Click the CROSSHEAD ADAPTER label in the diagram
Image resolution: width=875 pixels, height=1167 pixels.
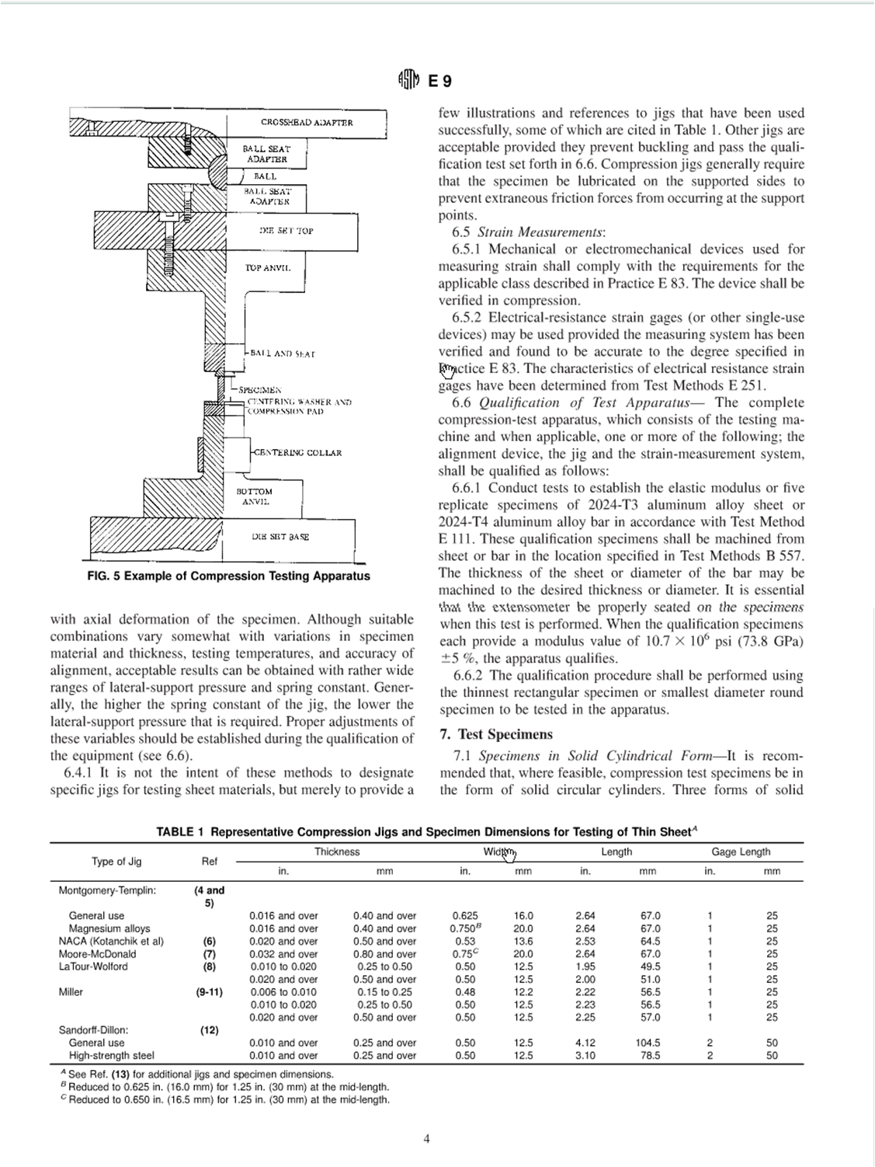coord(307,123)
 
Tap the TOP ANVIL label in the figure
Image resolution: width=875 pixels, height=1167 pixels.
coord(268,267)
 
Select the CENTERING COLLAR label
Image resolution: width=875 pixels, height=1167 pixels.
coord(297,453)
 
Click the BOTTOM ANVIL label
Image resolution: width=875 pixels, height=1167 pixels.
coord(255,496)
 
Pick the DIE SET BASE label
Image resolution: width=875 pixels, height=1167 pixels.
coord(280,537)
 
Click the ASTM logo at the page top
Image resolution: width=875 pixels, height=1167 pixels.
coord(408,80)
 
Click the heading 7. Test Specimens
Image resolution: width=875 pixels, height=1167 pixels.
coord(496,734)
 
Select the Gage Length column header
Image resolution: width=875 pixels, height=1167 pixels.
coord(741,852)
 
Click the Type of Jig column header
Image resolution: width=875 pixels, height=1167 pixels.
coord(116,861)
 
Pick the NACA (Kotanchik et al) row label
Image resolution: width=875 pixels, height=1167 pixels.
coord(111,941)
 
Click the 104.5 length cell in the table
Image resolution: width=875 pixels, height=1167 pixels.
coord(648,1043)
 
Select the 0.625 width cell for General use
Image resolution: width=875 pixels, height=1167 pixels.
coord(465,916)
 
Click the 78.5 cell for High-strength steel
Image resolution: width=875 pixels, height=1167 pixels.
coord(648,1056)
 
